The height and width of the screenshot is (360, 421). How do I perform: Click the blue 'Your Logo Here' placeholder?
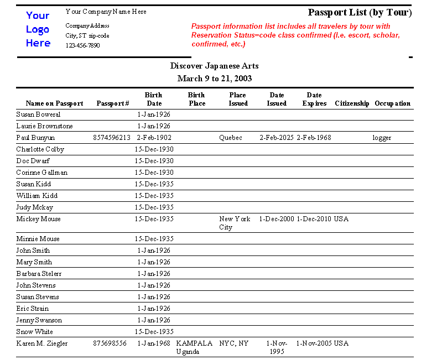coord(38,29)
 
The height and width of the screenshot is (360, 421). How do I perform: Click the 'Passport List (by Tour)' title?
coord(360,12)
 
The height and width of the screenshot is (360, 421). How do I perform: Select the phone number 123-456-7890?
coord(82,45)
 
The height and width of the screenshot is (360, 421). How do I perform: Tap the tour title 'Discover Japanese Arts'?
coord(214,66)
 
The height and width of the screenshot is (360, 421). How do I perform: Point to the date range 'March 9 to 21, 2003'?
coord(214,79)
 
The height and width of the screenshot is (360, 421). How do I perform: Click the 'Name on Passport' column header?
coord(54,103)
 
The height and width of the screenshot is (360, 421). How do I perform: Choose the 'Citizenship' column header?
coord(352,103)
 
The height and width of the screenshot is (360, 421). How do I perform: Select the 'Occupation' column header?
coord(392,103)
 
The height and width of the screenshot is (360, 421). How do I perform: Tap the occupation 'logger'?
coord(382,138)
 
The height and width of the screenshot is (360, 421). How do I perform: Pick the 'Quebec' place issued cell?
coord(231,138)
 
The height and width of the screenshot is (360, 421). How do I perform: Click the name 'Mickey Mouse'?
coord(38,219)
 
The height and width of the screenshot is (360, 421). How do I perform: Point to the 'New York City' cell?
coord(235,223)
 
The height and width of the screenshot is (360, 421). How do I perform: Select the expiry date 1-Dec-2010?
coord(314,219)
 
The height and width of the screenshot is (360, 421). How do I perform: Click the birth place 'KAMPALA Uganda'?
coord(194,347)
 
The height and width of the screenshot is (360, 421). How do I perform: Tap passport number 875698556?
coord(110,343)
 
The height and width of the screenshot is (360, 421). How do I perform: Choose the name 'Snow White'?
coord(34,332)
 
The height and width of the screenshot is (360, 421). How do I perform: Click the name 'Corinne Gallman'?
coord(41,173)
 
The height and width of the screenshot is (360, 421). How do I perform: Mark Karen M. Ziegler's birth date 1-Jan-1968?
coord(154,343)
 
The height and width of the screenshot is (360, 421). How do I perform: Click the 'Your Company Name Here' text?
coord(106,12)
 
